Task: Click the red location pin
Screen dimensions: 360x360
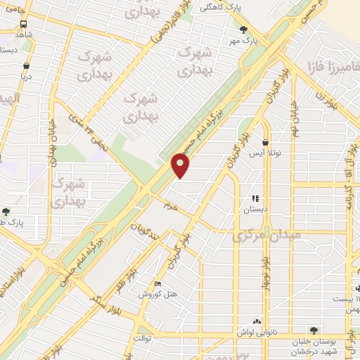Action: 181,165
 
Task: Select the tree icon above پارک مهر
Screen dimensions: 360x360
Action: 243,30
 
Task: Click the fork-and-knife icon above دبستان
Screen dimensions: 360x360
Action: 255,199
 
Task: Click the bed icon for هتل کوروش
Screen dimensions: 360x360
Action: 158,284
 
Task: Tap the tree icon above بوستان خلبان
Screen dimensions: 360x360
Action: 314,330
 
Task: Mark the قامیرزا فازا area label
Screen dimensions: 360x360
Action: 330,68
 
